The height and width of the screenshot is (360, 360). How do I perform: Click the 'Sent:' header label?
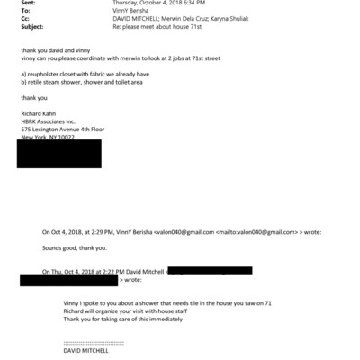27,4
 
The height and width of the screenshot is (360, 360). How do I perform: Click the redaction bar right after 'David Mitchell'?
207,270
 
